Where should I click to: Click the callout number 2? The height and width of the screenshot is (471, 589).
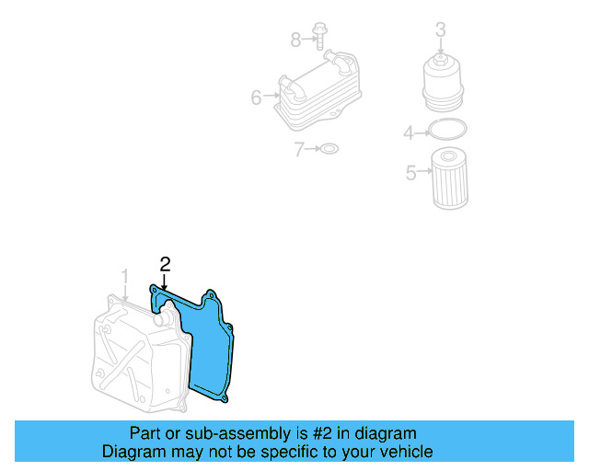(165, 264)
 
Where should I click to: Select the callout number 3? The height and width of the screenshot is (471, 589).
(441, 29)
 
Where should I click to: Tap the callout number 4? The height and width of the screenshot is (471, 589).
(409, 134)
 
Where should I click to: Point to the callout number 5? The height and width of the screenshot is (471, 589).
(411, 171)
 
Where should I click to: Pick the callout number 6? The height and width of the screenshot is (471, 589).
(257, 97)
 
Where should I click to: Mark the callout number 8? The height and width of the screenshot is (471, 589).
(295, 40)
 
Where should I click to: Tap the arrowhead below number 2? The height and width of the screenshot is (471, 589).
(165, 287)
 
